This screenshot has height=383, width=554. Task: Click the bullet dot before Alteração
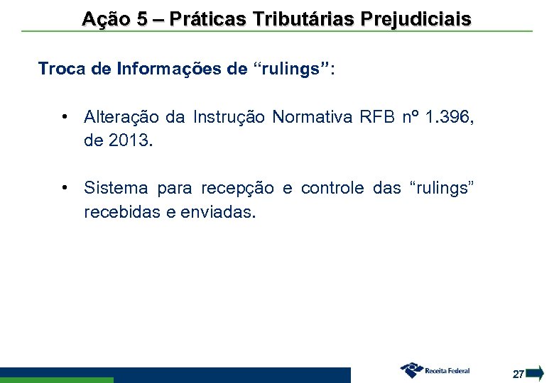65,116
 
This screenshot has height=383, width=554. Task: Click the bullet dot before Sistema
65,188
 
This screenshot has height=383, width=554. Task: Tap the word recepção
239,189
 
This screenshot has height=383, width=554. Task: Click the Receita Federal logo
435,370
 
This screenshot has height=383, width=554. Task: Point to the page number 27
518,373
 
